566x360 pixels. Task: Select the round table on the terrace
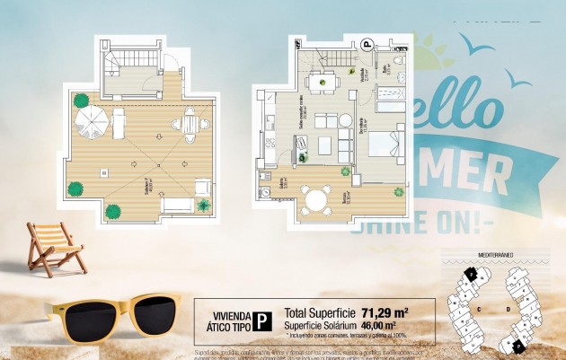pyautogui.click(x=316, y=198)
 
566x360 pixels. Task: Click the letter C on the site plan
pyautogui.click(x=479, y=308)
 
